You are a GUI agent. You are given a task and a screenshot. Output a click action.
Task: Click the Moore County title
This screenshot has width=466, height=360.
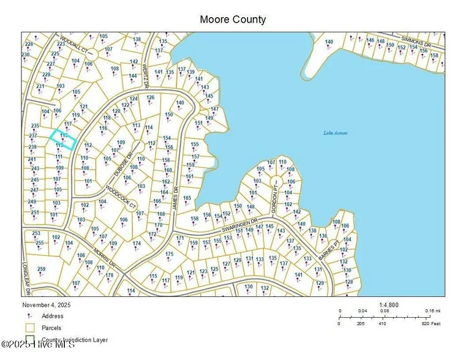pos(233,20)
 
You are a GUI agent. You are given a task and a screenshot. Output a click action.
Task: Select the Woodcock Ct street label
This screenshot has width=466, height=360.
pos(120,195)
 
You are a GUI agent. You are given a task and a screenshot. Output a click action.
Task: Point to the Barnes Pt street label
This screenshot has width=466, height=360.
pos(328,249)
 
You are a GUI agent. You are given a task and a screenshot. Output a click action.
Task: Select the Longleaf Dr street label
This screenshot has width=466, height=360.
pos(26,279)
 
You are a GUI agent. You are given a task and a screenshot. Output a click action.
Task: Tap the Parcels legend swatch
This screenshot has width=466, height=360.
pos(29,328)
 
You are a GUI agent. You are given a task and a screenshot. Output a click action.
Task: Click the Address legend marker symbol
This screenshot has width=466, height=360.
pos(29,316)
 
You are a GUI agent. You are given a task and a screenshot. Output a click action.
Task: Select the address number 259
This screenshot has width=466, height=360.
pos(42,269)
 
